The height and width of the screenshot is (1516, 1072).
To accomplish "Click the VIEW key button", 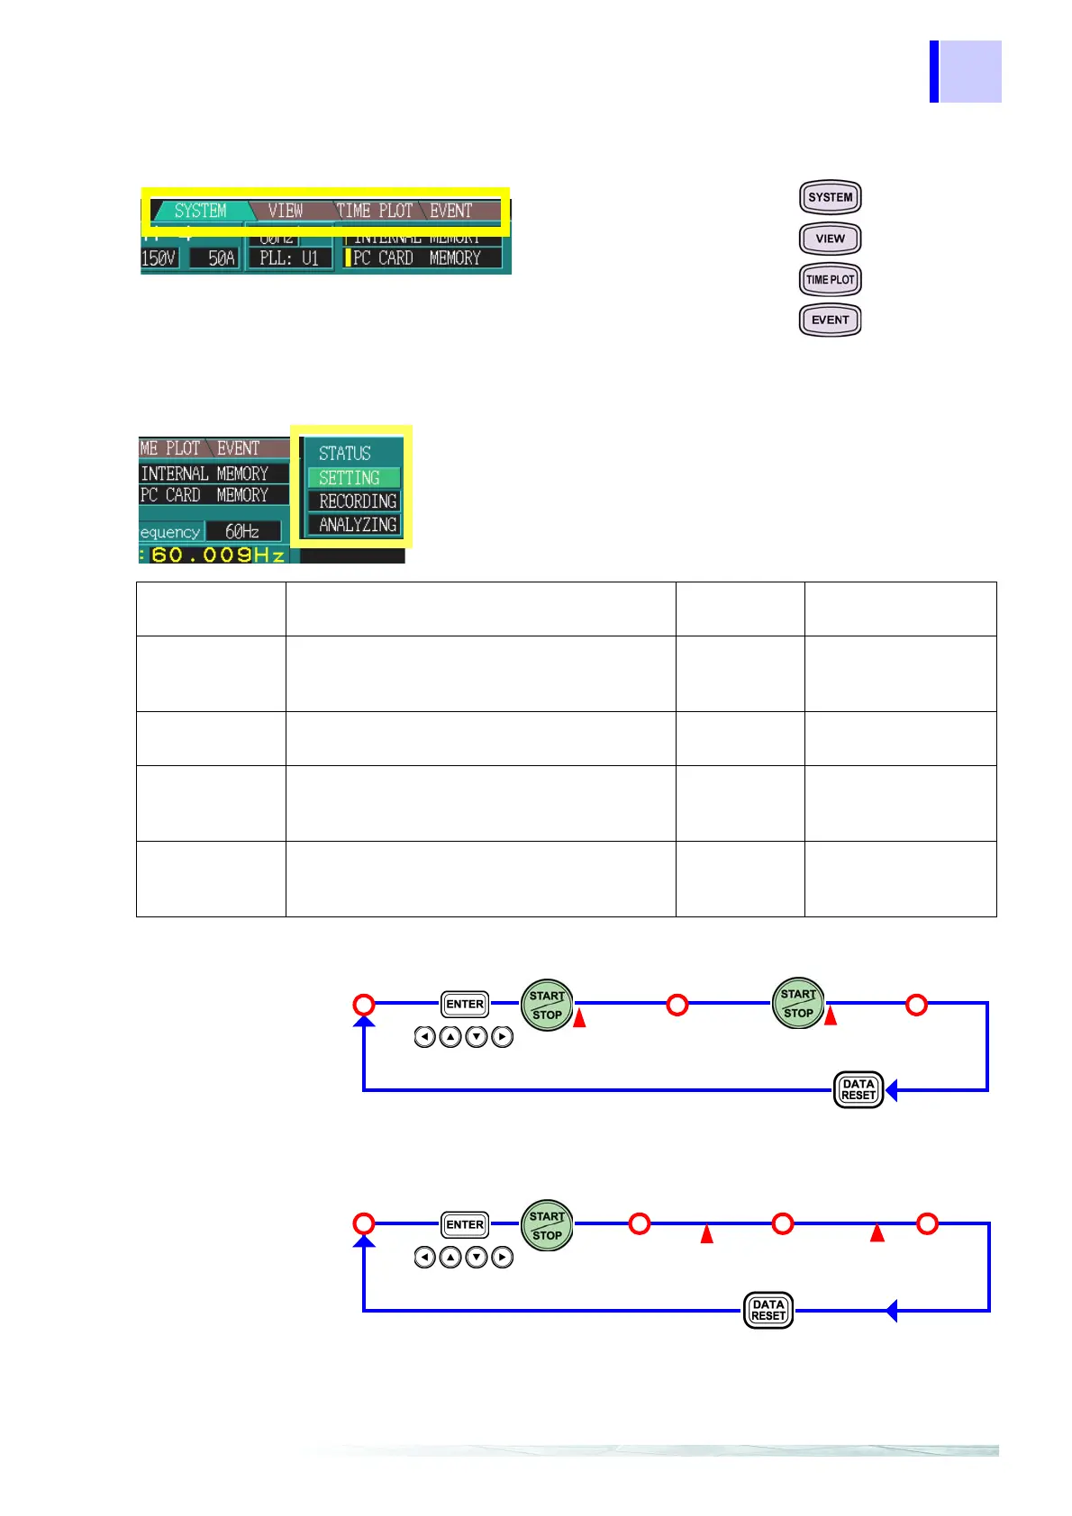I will pos(830,239).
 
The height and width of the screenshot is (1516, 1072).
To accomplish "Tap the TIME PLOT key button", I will pos(830,279).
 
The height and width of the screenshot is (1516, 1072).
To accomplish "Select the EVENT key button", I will pos(830,320).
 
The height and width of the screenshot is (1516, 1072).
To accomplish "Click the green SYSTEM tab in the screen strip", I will pos(200,211).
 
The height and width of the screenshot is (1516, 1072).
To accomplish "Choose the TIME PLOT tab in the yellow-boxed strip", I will pos(375,211).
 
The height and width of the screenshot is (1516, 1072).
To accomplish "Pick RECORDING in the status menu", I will pos(357,501).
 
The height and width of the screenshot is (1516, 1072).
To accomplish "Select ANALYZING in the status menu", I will pos(357,525).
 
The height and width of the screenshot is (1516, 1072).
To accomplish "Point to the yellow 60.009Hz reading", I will pos(217,555).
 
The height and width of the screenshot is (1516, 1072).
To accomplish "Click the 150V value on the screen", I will pos(159,258).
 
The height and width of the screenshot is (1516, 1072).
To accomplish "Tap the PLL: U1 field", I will pos(288,258).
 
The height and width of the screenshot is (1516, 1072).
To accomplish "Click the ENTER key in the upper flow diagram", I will pos(465,1004).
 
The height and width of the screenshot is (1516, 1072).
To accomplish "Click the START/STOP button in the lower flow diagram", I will pos(547,1225).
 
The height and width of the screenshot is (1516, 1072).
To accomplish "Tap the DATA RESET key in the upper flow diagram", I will pos(858,1090).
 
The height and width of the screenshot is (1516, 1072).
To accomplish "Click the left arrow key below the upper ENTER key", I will pos(424,1037).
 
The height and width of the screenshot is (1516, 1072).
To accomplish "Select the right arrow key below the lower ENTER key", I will pos(503,1258).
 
